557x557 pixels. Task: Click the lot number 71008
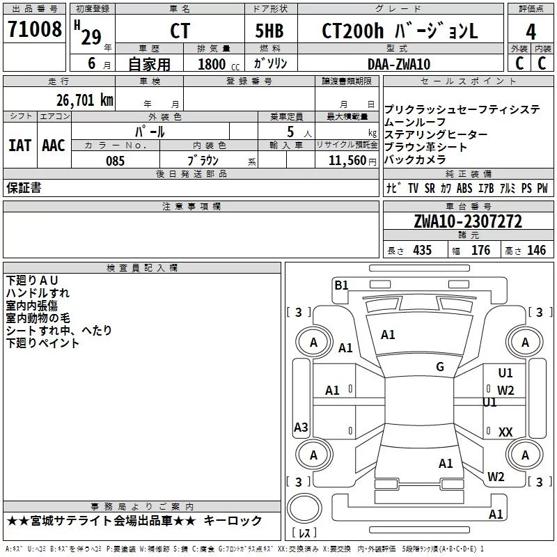point(34,29)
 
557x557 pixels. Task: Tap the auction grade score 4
point(531,32)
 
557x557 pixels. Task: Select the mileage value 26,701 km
point(84,100)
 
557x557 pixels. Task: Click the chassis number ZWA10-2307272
point(468,221)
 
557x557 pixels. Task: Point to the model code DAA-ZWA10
point(398,64)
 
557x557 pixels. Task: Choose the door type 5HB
point(269,31)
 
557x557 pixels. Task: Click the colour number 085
point(116,161)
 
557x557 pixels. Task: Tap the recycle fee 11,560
point(347,161)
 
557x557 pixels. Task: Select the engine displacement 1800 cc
point(219,64)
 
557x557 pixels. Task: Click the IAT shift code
point(19,146)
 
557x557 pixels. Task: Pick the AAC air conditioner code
point(54,146)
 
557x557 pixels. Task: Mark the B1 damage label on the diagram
point(341,285)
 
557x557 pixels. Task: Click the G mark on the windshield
point(440,367)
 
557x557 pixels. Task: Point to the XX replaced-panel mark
point(505,432)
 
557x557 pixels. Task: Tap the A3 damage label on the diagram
point(301,427)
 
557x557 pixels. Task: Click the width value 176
point(480,251)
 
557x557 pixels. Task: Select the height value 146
point(536,251)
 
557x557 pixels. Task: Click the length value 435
point(422,251)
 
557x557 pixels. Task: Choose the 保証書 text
point(24,188)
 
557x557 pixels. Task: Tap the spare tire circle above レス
point(304,508)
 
